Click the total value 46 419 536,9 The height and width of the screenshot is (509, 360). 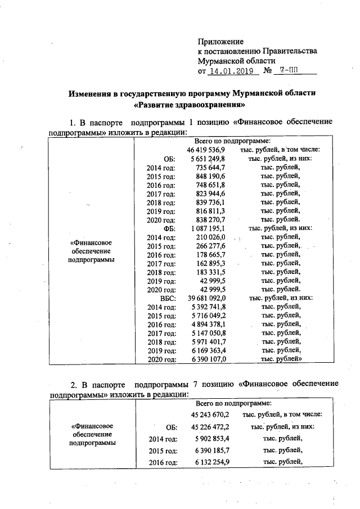pos(206,150)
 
